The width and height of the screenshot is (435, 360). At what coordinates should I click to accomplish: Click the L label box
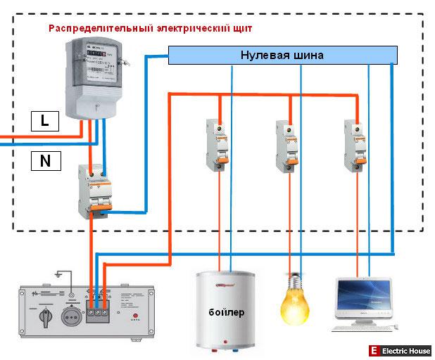[x=45, y=121]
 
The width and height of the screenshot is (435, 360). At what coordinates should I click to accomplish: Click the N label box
[x=45, y=161]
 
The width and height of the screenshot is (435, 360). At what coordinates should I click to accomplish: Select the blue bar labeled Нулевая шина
[x=282, y=55]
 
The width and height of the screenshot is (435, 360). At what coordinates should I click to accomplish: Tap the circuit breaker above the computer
[x=355, y=143]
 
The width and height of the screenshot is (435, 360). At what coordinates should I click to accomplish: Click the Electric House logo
[x=401, y=350]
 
